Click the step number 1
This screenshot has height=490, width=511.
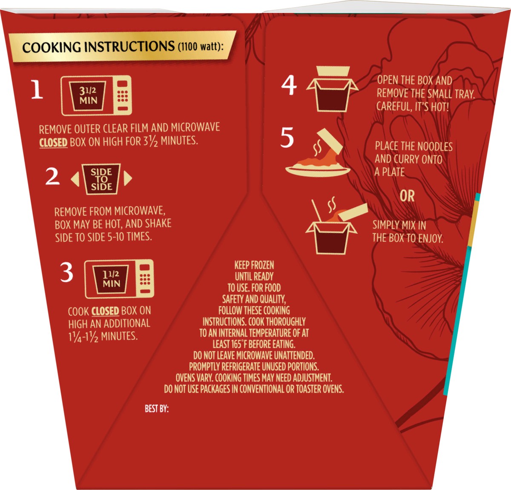tap(37, 90)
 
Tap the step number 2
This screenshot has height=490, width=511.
tap(52, 176)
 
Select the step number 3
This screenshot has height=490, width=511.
tap(67, 272)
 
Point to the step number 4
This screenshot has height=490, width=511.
tap(289, 85)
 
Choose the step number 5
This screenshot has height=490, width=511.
tap(287, 137)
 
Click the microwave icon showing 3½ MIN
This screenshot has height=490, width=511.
tap(96, 95)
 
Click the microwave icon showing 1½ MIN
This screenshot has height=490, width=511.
tap(119, 279)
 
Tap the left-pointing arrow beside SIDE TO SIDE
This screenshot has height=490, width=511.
tap(75, 179)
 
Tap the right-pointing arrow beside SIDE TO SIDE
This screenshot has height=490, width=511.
tap(128, 178)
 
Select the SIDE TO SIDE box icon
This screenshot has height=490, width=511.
tap(101, 179)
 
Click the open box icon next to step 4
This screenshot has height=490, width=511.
tap(333, 89)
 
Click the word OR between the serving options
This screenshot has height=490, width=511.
tap(407, 196)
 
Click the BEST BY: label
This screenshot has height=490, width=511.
tap(157, 409)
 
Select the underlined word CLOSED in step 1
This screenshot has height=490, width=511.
tap(53, 143)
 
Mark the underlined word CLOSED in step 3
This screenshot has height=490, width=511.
tap(105, 311)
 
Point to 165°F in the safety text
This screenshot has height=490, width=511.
tap(236, 344)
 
